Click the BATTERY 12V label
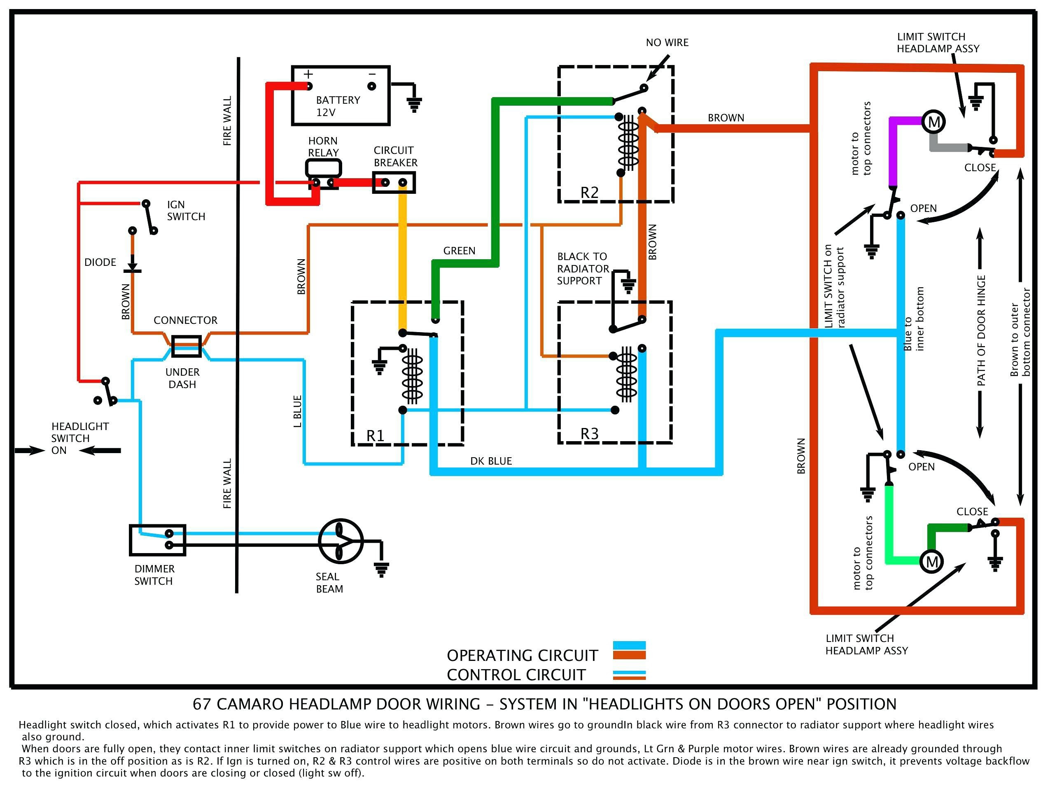[x=338, y=106]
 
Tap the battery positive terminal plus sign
[x=308, y=74]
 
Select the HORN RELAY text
[x=323, y=147]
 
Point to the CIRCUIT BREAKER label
[x=395, y=156]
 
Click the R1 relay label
[x=376, y=435]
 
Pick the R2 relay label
[x=590, y=193]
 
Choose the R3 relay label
[x=590, y=433]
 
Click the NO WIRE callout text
[x=667, y=43]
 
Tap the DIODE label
[x=100, y=262]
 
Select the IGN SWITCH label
[x=186, y=211]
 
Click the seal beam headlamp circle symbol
[x=341, y=541]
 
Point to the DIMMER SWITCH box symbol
[x=158, y=540]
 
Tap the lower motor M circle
[x=932, y=562]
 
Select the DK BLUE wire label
[x=491, y=461]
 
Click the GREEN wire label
[x=459, y=251]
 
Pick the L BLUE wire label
[x=298, y=411]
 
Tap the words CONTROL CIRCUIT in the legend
[x=516, y=675]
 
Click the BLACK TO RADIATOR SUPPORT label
[x=582, y=268]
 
